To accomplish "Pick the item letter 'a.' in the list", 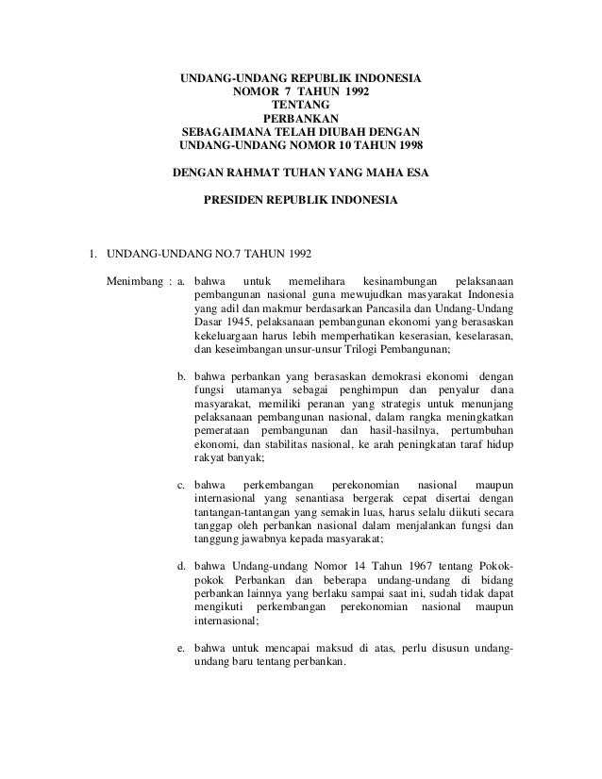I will pyautogui.click(x=183, y=281).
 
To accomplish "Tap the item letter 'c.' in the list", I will pyautogui.click(x=183, y=485).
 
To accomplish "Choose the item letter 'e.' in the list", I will pyautogui.click(x=183, y=646).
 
